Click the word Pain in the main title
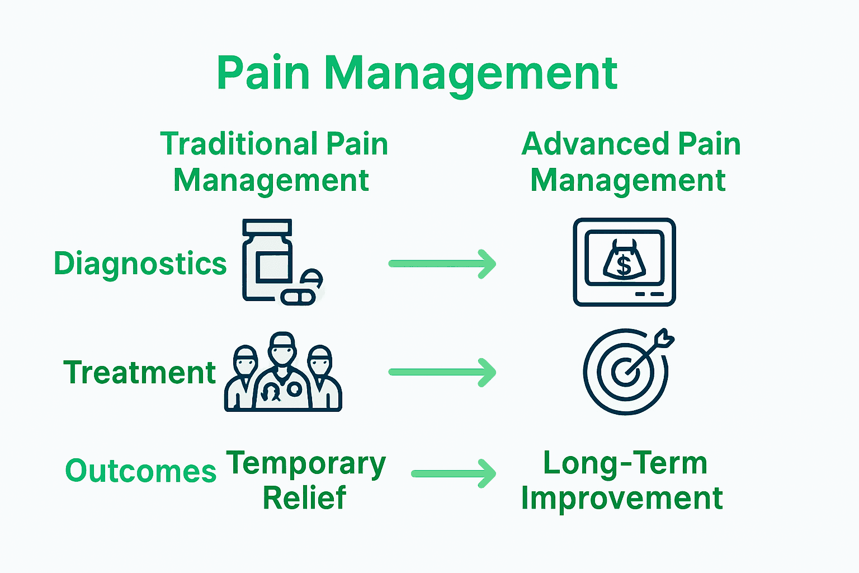263,73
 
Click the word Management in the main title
470,73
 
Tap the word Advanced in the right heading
595,144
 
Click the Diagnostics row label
140,264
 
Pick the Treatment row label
140,373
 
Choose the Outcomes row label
141,471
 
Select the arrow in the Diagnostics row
442,264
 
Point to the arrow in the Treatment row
442,372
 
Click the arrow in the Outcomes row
453,473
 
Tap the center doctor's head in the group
281,350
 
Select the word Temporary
306,463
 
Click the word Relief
305,498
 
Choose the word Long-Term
625,463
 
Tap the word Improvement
622,498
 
